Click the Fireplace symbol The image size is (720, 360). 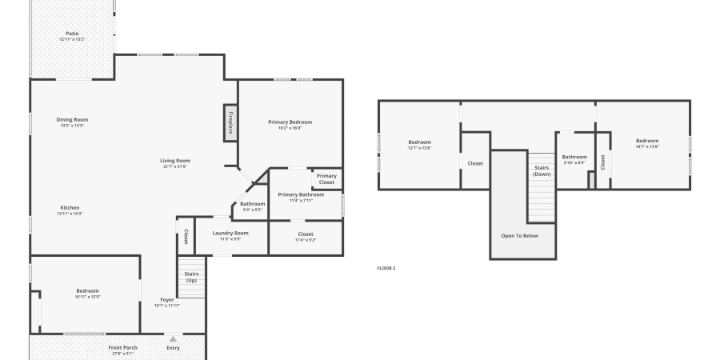tap(230, 124)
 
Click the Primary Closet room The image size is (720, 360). tap(326, 178)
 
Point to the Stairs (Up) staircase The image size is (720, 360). tap(191, 277)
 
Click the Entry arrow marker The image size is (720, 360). tap(173, 339)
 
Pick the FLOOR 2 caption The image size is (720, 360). tap(386, 268)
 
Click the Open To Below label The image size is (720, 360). tap(519, 236)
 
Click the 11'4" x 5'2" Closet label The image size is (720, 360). tap(306, 236)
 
